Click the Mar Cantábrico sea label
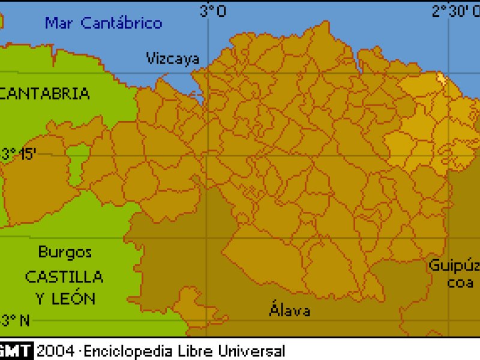tap(104, 23)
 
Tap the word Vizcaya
tap(173, 58)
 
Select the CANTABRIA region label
tap(45, 94)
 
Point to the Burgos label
tap(65, 252)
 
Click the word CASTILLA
tap(64, 277)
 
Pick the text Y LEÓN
tap(65, 298)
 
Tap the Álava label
tap(290, 311)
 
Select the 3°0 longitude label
tap(213, 11)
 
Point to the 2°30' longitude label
tap(455, 11)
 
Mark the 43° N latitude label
tap(15, 320)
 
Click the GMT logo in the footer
tap(16, 351)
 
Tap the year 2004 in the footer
tap(56, 351)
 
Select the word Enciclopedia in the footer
tap(124, 351)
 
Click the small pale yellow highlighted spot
tap(442, 77)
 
